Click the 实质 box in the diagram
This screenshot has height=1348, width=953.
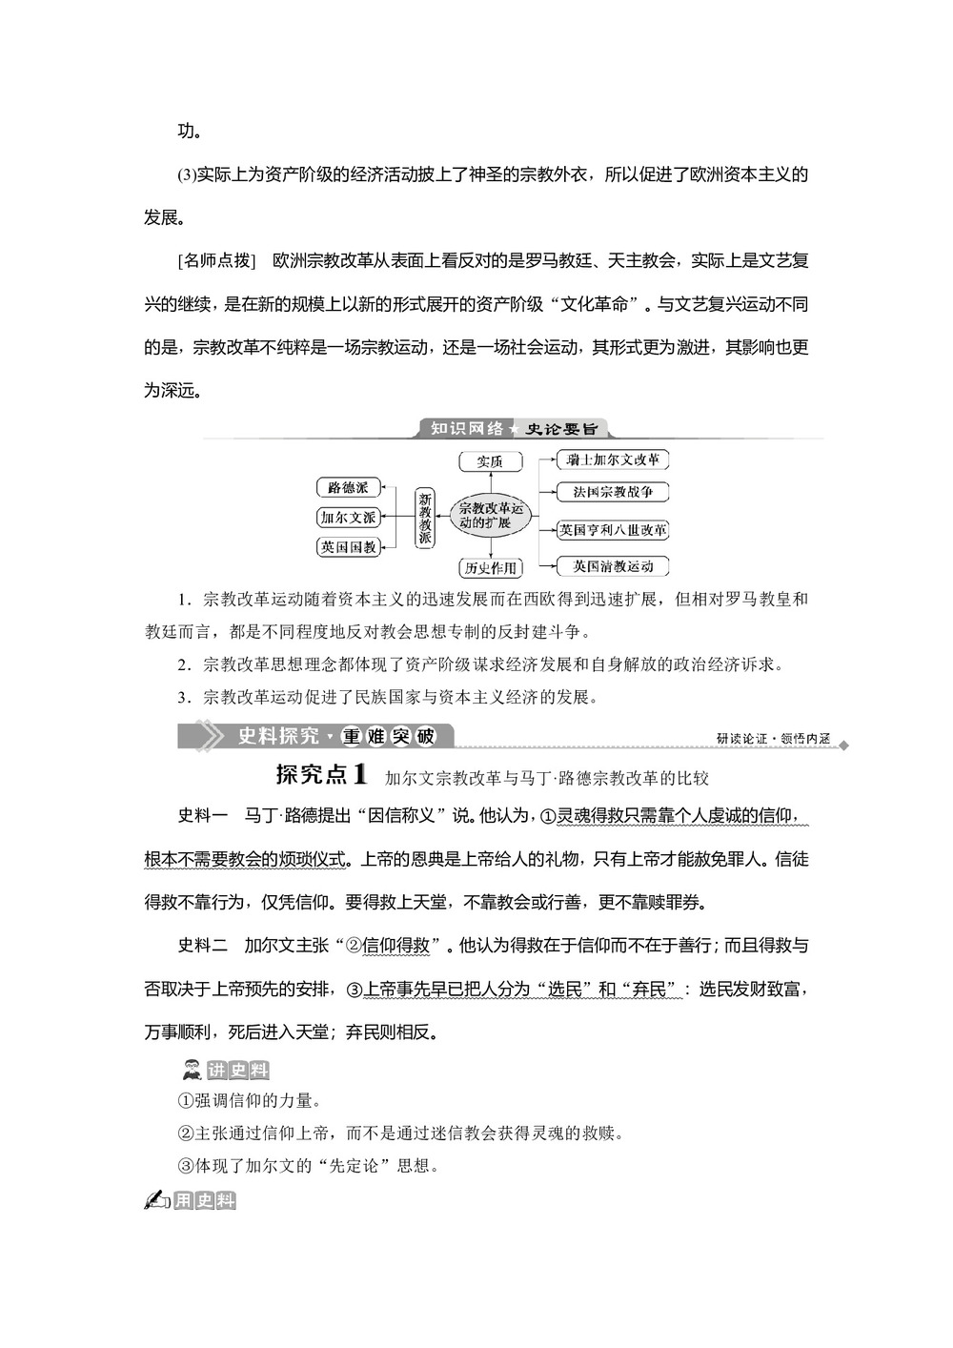(x=491, y=461)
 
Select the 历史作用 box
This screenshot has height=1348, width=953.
(x=491, y=568)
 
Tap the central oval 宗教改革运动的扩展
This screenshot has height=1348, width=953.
(x=492, y=515)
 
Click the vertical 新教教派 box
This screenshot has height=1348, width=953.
(x=425, y=518)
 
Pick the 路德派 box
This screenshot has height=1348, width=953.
(x=348, y=487)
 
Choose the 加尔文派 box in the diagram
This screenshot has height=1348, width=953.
(x=348, y=518)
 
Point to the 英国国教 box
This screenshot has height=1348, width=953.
(x=348, y=547)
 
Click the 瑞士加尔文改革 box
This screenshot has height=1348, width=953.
(x=612, y=460)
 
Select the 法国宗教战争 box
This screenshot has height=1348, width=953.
(x=612, y=493)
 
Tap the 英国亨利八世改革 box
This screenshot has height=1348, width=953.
(x=612, y=530)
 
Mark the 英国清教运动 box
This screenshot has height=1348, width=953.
(x=612, y=566)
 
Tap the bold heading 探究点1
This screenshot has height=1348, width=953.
(x=321, y=775)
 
